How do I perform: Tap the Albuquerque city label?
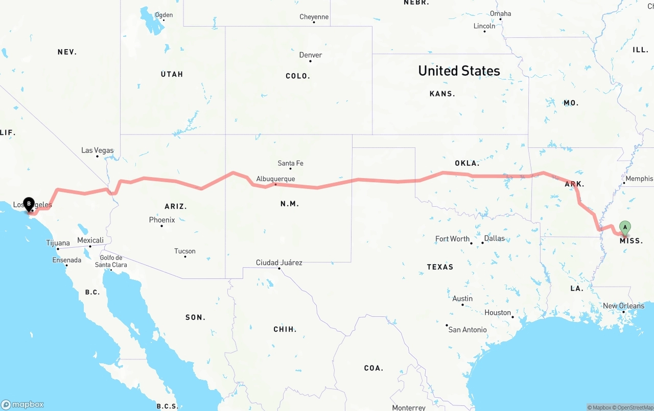tap(275, 179)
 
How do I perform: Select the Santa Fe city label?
tap(290, 163)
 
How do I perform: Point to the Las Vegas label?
tap(97, 150)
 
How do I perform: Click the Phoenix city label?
tap(162, 220)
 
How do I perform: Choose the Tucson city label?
tap(184, 251)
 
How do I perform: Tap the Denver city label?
tap(311, 55)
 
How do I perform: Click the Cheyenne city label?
tap(314, 17)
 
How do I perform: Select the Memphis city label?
tap(639, 179)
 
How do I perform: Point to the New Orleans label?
tap(623, 306)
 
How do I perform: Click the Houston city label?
tap(498, 313)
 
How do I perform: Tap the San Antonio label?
tap(467, 330)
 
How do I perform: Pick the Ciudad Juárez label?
tap(279, 263)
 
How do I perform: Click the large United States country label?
tap(459, 71)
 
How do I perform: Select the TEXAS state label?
tap(440, 267)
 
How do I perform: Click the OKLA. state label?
tap(467, 163)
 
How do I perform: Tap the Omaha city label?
tap(500, 13)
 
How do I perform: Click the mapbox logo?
tap(22, 404)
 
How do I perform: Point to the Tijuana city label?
tap(58, 243)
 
